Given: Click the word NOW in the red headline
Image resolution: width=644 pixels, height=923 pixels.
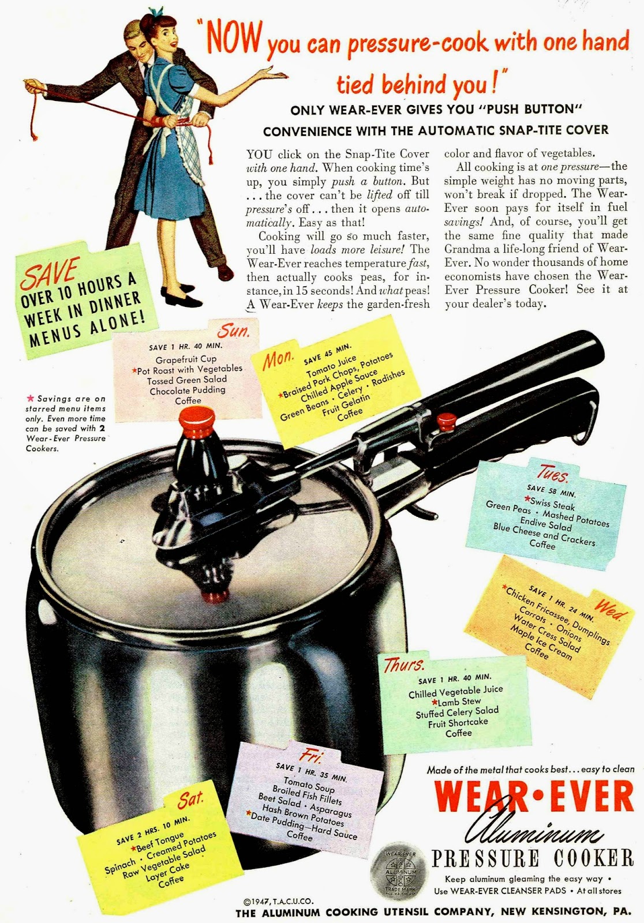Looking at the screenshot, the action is (x=234, y=40).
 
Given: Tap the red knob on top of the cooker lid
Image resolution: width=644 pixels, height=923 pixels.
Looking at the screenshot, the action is (x=197, y=422).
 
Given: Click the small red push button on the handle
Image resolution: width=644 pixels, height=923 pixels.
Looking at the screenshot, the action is (x=447, y=422).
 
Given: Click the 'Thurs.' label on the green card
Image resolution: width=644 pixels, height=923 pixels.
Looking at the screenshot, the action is (x=404, y=665).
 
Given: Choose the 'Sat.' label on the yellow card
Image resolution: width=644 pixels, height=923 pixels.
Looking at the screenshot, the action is (x=190, y=799).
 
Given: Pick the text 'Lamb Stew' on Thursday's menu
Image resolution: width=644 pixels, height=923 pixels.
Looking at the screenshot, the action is (x=456, y=701).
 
